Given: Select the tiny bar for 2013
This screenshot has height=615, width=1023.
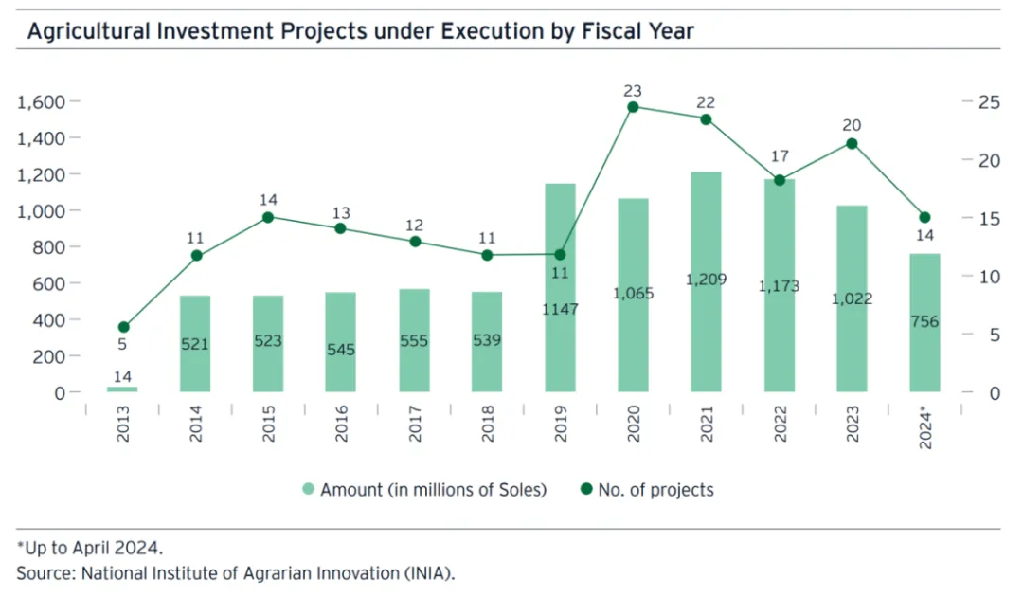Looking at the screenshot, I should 122,389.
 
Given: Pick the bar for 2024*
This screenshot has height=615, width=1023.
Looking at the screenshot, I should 924,322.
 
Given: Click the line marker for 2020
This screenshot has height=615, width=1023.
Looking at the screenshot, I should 633,107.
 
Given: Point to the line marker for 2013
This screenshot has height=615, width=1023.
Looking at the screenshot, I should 122,327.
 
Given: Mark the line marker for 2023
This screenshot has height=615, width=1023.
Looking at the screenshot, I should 852,143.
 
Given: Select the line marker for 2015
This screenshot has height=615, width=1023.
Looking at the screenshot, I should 268,217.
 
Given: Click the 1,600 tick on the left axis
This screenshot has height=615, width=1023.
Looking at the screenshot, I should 40,101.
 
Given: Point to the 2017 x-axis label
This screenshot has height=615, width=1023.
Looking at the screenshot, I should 414,424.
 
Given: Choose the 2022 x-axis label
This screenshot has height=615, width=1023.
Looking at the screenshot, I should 780,424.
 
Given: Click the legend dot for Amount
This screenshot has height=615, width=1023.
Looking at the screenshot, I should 308,490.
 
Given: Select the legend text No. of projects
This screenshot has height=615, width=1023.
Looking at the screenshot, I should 655,490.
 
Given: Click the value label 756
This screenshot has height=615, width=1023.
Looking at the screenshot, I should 924,321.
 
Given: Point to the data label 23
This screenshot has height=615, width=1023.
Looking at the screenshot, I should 633,91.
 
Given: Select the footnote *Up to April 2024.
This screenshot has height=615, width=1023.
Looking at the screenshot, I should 90,548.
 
